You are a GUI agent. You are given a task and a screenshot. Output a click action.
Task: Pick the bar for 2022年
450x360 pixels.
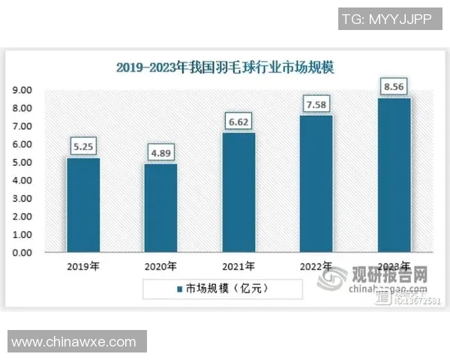pyautogui.click(x=316, y=184)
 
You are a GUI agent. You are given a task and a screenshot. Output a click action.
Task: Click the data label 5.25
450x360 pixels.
pyautogui.click(x=83, y=147)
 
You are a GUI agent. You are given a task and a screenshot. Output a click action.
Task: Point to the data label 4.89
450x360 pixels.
pyautogui.click(x=160, y=154)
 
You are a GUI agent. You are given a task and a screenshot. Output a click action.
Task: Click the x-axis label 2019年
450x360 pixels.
pyautogui.click(x=83, y=267)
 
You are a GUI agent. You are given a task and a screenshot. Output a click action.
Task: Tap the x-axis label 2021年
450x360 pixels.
pyautogui.click(x=238, y=267)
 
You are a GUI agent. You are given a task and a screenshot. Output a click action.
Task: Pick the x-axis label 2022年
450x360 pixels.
pyautogui.click(x=316, y=267)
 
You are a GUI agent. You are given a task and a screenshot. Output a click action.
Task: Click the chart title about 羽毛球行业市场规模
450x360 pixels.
pyautogui.click(x=225, y=67)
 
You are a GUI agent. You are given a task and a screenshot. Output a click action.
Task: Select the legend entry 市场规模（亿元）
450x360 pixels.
pyautogui.click(x=226, y=288)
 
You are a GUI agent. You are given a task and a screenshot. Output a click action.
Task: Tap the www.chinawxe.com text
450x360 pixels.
pyautogui.click(x=73, y=342)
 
